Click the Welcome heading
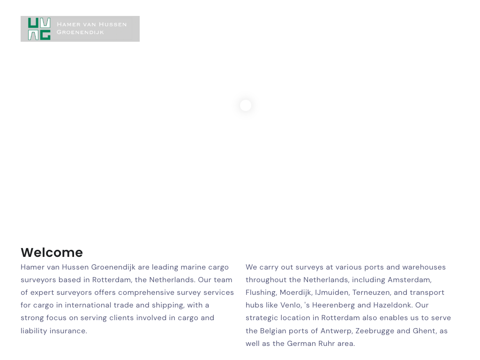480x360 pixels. point(52,253)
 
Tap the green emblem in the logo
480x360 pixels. point(39,29)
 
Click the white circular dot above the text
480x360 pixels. point(246,105)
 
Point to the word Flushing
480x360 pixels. point(261,292)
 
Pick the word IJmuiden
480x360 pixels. point(331,292)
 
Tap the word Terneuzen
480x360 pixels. point(371,292)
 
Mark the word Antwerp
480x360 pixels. point(336,331)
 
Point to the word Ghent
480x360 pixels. point(424,331)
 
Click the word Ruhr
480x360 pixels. point(326,344)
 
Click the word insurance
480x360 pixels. point(69,331)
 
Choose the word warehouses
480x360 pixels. point(424,267)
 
